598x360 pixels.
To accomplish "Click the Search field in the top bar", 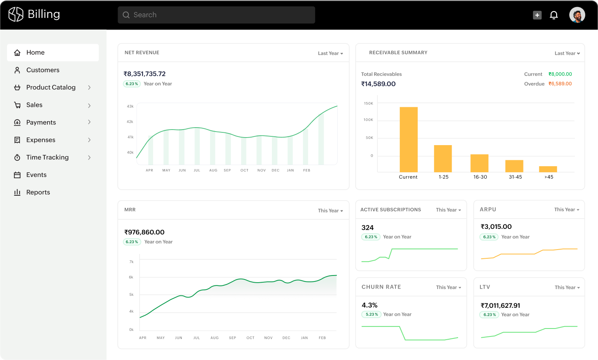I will click(216, 15).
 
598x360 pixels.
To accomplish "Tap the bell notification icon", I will click(554, 15).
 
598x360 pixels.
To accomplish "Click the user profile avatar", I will click(577, 15).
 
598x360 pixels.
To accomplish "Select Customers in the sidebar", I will click(43, 70).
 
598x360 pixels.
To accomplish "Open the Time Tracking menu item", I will click(47, 157).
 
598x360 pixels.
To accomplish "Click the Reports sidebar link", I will click(38, 192).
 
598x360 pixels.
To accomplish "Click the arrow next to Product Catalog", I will click(89, 87).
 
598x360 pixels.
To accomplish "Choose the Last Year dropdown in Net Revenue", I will click(330, 53).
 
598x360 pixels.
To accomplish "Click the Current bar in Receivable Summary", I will click(409, 139).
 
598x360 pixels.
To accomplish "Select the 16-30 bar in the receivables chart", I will click(479, 163).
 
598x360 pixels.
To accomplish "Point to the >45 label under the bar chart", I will click(549, 177).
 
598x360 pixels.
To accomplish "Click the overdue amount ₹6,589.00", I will click(560, 84).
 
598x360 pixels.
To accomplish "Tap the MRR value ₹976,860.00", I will click(144, 232).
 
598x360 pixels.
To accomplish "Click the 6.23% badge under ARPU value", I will click(489, 237).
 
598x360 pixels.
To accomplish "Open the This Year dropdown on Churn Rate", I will click(448, 287).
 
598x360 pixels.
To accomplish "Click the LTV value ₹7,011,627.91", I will click(500, 305).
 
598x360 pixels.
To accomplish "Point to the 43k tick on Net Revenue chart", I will click(130, 106).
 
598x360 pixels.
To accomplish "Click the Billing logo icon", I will click(16, 14).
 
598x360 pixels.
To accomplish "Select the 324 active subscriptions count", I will click(368, 228).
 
